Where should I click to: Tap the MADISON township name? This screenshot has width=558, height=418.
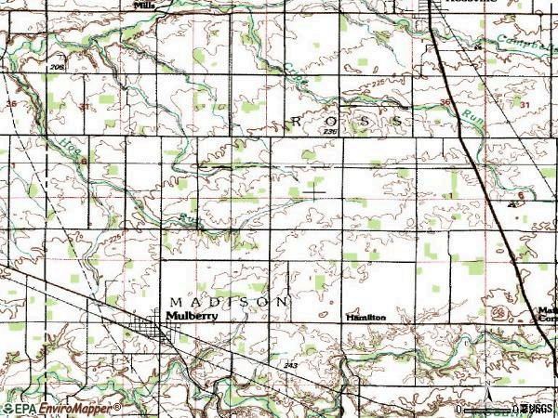229,302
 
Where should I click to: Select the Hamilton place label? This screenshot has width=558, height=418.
365,317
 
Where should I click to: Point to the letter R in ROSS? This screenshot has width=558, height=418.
298,122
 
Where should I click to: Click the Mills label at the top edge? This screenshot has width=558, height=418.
144,5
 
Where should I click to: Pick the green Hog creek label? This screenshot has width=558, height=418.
73,150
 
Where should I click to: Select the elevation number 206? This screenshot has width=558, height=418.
58,70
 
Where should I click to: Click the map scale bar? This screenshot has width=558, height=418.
488,409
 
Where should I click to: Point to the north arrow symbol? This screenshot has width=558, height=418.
486,384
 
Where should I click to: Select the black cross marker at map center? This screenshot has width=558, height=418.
315,193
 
